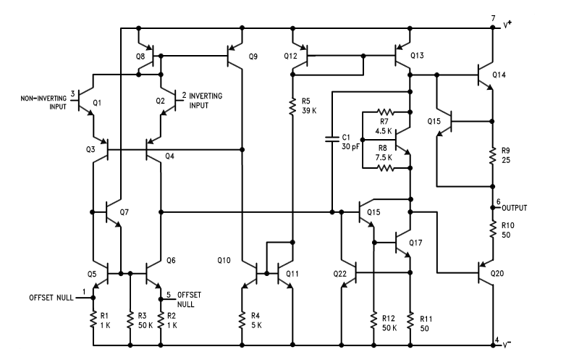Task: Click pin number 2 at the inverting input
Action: coord(184,95)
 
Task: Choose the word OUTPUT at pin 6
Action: coord(514,208)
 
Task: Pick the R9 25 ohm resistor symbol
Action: coord(493,154)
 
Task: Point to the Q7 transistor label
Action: coord(124,212)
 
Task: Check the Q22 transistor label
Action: coord(340,274)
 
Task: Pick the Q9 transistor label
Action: coord(252,56)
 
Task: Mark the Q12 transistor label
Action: coord(291,56)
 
